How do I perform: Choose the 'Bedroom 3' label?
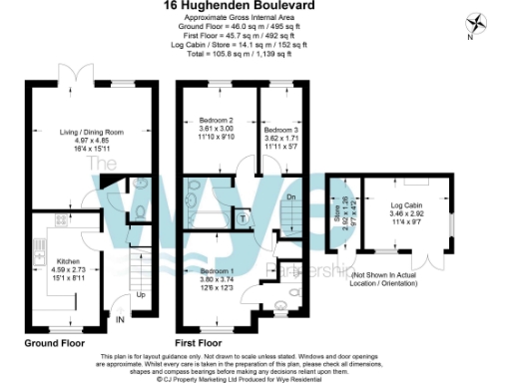[280, 131]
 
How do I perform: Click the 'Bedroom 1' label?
[217, 271]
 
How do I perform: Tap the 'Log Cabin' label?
[407, 204]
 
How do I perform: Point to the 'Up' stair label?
[140, 295]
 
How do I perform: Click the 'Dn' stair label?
[291, 197]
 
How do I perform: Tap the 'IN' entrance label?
[120, 319]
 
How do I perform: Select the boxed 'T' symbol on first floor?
[243, 217]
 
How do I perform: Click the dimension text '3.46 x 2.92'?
[407, 214]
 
